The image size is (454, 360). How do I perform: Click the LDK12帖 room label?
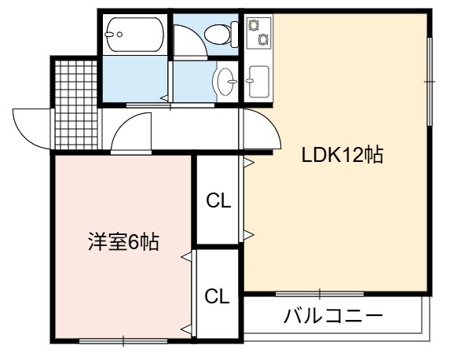342,155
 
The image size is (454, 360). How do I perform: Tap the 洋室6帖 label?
123,242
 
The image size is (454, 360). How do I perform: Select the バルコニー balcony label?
333,316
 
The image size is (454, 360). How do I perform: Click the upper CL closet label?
218,200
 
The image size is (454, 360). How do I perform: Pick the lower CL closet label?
217,296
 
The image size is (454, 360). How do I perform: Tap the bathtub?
135,35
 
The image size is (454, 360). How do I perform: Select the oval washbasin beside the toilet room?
226,82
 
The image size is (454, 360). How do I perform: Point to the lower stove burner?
263,39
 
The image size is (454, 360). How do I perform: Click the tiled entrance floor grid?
76,105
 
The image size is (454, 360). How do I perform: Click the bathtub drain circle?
119,35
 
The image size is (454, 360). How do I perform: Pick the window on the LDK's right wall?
430,82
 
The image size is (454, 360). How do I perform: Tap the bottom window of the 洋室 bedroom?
123,341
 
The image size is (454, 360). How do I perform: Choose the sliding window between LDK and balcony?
320,294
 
